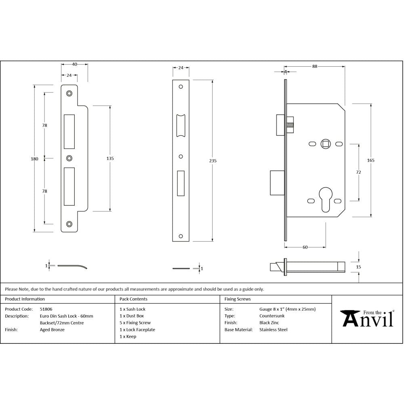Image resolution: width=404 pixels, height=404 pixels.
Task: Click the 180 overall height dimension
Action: pos(35,159)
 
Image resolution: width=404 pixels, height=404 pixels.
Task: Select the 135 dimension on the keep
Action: pos(110,158)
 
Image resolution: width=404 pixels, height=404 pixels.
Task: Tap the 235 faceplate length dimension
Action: pos(213,161)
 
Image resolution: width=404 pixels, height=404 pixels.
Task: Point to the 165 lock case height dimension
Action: pos(371,160)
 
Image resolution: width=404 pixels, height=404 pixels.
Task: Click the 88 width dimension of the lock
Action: pos(314,67)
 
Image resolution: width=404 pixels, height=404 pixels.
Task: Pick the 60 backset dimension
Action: pos(305,247)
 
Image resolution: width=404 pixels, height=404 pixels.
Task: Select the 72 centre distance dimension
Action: pos(358,172)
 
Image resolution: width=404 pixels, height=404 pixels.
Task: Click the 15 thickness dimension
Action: pos(359,267)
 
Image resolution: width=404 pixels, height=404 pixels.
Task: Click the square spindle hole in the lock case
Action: pos(325,143)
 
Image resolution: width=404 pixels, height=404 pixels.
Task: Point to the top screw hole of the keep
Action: pos(69,93)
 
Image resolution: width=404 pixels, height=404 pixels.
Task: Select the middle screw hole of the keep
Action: pos(69,158)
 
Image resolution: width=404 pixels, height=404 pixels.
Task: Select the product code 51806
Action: pos(46,309)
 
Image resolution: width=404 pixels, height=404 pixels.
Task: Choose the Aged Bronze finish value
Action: pos(52,330)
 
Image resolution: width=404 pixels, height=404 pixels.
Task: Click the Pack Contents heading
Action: pos(133,299)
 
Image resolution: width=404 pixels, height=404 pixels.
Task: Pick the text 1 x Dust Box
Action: pos(132,316)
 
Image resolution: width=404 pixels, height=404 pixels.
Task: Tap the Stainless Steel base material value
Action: pos(273,330)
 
